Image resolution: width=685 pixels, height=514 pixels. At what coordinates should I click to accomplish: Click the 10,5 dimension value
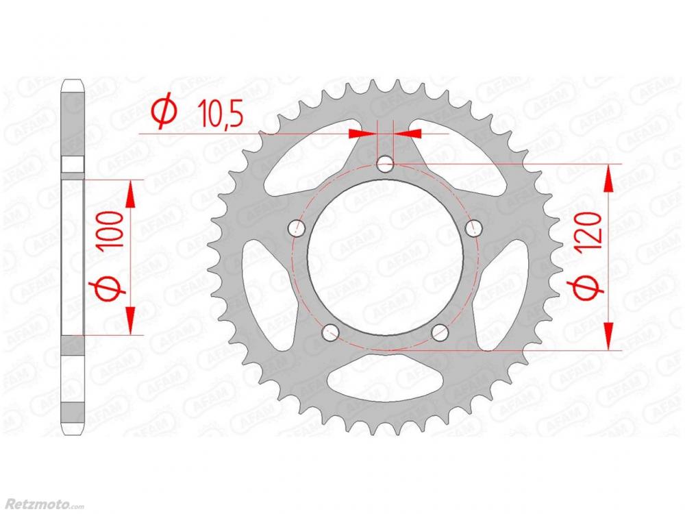click(220, 113)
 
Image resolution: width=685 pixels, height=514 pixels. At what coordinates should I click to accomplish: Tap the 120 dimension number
click(590, 234)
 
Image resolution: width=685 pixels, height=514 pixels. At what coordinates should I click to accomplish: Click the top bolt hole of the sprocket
click(385, 164)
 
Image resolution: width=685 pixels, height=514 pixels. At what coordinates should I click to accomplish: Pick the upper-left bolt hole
click(297, 228)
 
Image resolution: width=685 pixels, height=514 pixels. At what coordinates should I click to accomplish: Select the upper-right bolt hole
click(474, 228)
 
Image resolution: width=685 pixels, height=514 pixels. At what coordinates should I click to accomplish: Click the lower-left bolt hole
click(330, 332)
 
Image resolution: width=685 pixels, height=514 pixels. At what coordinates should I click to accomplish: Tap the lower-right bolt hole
click(440, 332)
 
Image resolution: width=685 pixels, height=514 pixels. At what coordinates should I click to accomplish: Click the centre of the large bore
click(385, 258)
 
